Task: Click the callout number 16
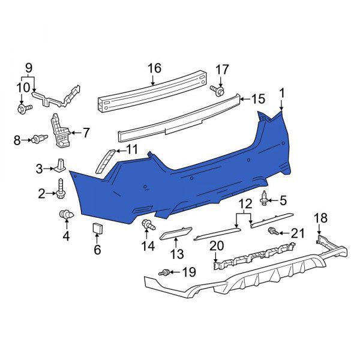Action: [155, 68]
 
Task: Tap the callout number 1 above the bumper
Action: [282, 92]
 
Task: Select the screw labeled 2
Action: [62, 188]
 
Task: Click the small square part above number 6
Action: [97, 229]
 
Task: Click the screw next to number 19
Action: [164, 273]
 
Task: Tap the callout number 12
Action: [245, 204]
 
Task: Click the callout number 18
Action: [321, 218]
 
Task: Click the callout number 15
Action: [257, 99]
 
